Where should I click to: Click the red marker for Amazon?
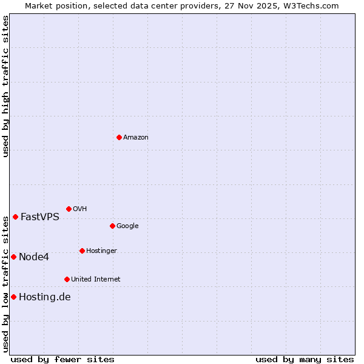coord(119,137)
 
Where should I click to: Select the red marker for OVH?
coord(69,209)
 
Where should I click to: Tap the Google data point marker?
coord(112,226)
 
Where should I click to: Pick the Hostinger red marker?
coord(82,251)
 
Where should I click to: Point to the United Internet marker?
coord(67,279)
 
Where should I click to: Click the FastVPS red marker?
coord(15,217)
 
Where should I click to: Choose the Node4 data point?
coord(13,257)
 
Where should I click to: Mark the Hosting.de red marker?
coord(13,297)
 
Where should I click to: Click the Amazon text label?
coord(136,138)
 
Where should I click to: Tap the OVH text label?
coord(80,209)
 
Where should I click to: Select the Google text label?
coord(127,226)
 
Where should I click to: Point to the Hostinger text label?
coord(101,251)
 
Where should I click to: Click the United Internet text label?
coord(96,280)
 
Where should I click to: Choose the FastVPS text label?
coord(40,217)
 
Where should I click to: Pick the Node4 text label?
coord(34,257)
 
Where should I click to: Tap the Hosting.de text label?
coord(45,297)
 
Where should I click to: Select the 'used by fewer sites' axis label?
coord(62,359)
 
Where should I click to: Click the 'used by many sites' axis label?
coord(305,359)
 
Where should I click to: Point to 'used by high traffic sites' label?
coord(6,86)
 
